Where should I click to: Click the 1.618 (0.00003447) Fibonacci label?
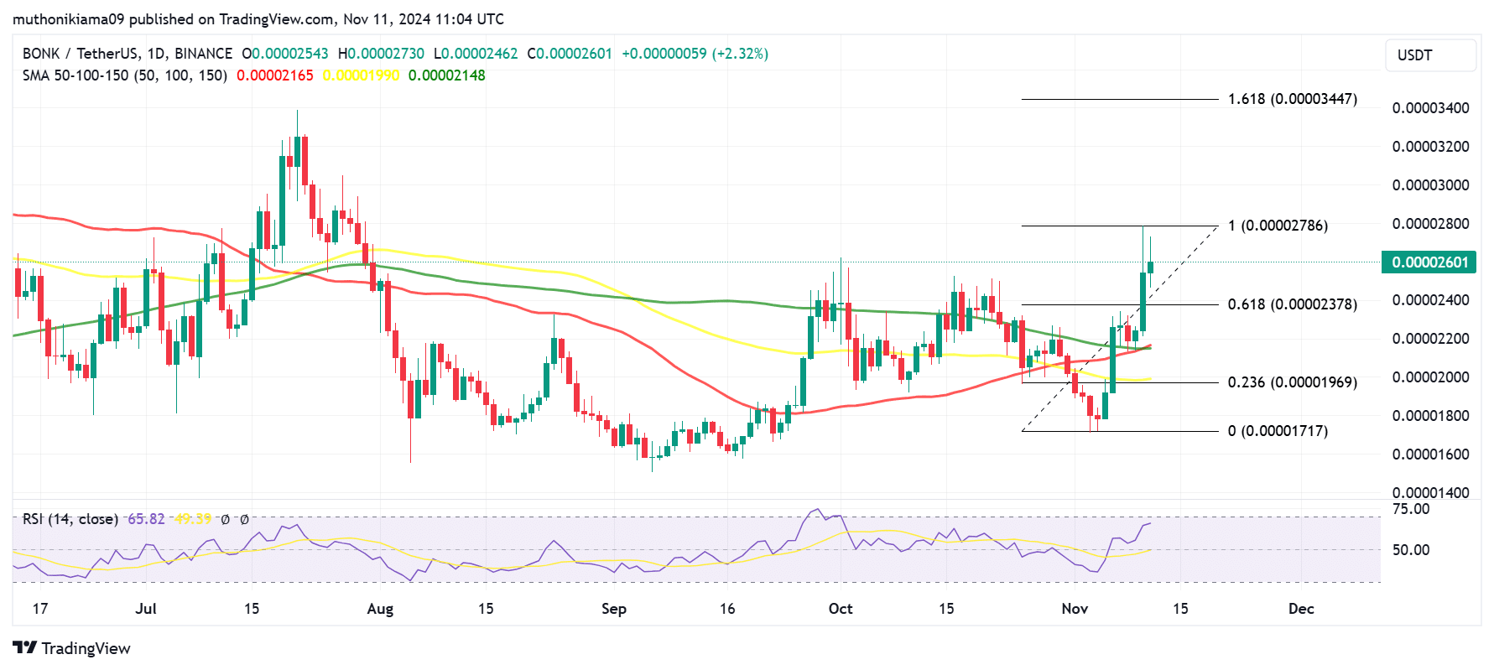tap(1292, 99)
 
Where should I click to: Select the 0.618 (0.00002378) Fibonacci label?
tap(1292, 304)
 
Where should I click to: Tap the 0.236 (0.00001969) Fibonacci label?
tap(1292, 382)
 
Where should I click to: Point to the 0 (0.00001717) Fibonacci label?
tap(1278, 431)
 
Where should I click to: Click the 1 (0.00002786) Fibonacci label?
tap(1278, 226)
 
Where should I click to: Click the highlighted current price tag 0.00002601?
tap(1429, 262)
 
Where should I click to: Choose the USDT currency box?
tap(1430, 55)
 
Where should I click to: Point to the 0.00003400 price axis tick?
tap(1430, 108)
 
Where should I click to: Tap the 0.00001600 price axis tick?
tap(1430, 454)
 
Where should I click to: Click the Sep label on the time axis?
tap(614, 609)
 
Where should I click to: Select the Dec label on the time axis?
tap(1301, 609)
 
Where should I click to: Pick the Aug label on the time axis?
tap(380, 609)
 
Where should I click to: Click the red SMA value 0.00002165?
tap(275, 75)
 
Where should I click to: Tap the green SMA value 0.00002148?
tap(446, 75)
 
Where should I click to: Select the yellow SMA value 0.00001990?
tap(361, 75)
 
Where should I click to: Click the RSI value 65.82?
tap(146, 519)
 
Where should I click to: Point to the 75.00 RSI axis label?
tap(1410, 509)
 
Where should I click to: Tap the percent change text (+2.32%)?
tap(740, 54)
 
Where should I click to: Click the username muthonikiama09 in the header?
tap(68, 18)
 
